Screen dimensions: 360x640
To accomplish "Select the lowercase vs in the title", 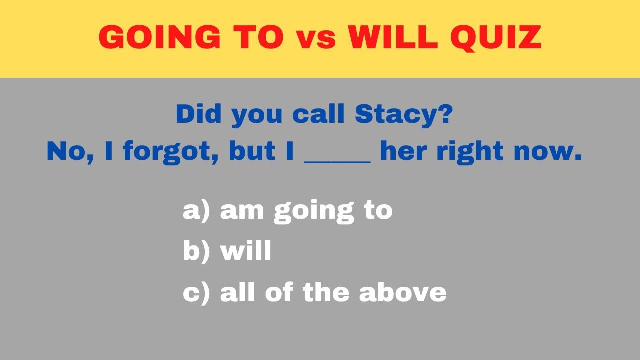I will point(316,39).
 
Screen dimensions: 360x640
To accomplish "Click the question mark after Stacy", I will point(446,114).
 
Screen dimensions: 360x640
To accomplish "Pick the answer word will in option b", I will point(246,251).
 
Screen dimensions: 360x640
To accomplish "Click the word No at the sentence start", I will point(63,152).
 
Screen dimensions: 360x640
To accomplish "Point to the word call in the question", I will point(319,114).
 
